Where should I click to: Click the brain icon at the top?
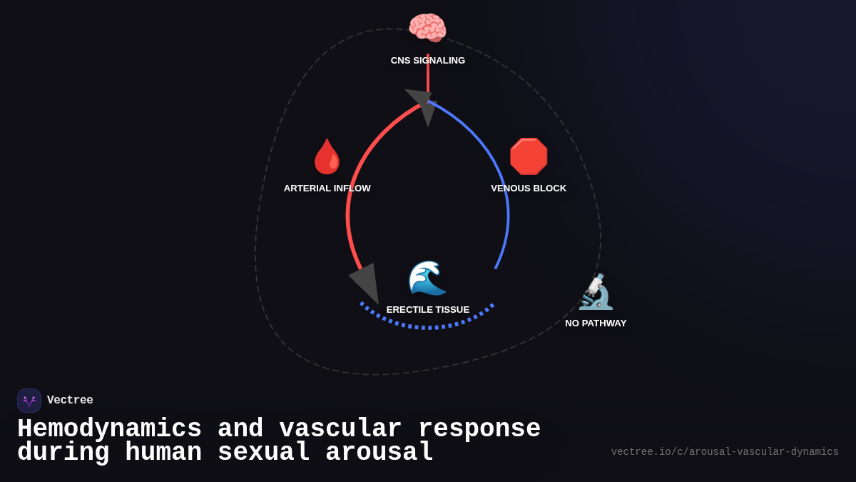point(427,29)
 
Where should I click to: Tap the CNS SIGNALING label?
point(428,61)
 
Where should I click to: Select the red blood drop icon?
point(327,156)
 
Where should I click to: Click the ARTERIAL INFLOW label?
point(327,189)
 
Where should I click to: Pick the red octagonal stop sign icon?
point(529,156)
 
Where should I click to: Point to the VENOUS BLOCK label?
point(529,189)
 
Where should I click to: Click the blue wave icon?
point(427,278)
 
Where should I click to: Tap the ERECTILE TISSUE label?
point(428,310)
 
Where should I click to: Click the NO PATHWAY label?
point(596,323)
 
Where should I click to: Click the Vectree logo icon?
point(29,401)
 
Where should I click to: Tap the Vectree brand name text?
point(70,401)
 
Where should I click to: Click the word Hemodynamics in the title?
point(109,429)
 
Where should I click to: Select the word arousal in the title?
point(379,453)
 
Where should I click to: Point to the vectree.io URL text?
point(725,452)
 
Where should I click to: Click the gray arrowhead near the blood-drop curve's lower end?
point(366,281)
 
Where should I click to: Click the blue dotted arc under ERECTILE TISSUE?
point(428,327)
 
